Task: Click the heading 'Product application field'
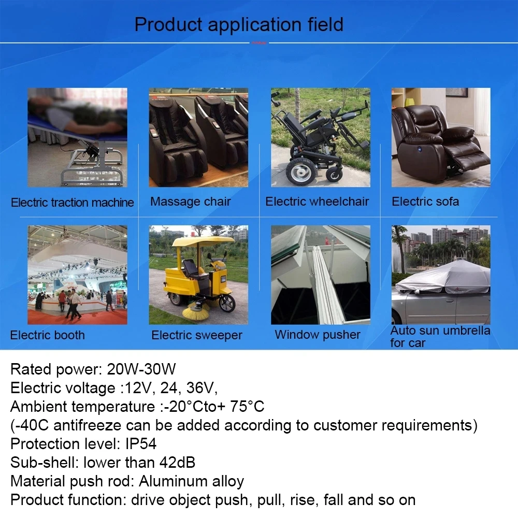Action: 239,25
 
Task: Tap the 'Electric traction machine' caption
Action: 73,202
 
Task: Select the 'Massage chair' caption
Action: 190,202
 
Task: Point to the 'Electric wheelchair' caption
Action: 317,202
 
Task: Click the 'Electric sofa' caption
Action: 425,202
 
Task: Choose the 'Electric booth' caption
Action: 48,335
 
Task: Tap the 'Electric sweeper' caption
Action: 197,335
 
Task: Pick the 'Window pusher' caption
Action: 318,335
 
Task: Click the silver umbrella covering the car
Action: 443,277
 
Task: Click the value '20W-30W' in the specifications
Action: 141,369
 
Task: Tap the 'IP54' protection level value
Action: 141,444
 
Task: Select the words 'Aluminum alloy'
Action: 191,481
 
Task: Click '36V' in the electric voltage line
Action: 202,388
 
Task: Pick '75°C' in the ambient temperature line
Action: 247,406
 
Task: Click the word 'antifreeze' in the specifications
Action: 87,425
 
